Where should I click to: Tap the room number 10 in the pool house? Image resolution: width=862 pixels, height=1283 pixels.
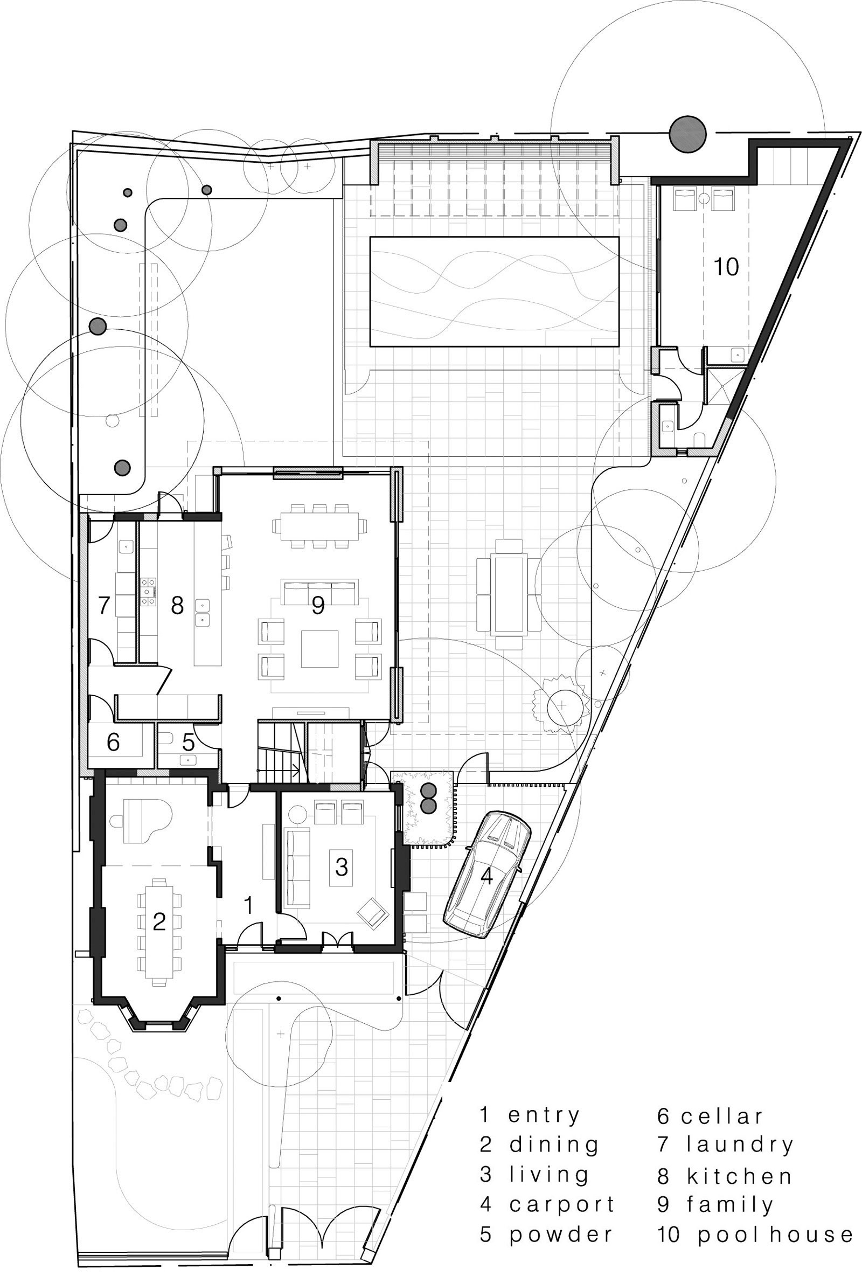(x=726, y=267)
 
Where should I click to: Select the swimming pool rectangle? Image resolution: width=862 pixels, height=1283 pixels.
(x=494, y=292)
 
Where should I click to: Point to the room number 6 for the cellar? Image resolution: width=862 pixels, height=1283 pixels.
(x=113, y=743)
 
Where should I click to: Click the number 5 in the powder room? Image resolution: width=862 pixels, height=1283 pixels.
(x=189, y=743)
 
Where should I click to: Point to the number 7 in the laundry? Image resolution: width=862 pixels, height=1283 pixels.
(x=104, y=605)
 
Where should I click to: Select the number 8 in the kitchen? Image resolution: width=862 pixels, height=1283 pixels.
(x=177, y=605)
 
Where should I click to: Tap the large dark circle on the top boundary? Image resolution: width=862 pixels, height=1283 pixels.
(x=687, y=134)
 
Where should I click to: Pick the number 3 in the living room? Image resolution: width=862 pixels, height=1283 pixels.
(x=341, y=867)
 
